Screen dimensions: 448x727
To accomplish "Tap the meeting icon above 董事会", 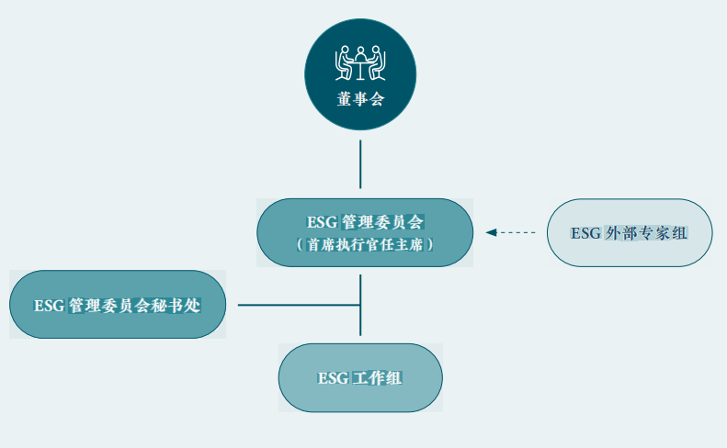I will pos(360,62).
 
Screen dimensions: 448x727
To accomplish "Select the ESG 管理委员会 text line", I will pos(365,222).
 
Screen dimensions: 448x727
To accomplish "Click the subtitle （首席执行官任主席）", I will pos(365,245).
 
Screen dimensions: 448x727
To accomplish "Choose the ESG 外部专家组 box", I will pos(630,232).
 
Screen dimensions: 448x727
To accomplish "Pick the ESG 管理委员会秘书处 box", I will pos(117,305).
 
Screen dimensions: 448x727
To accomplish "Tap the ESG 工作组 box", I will pos(360,377).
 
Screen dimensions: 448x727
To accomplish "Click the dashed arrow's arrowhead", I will pos(491,232).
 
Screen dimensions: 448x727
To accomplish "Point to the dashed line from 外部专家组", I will pos(517,232).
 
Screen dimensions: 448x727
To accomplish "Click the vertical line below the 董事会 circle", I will pos(360,164).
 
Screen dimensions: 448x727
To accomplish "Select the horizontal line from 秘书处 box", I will pos(294,305).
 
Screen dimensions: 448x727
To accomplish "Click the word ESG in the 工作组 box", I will pos(333,378).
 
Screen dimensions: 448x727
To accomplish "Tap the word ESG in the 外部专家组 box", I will pos(585,233).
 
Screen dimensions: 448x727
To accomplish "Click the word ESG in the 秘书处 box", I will pos(49,306).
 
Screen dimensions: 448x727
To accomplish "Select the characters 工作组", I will pos(378,378).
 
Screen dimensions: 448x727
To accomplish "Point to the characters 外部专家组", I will pos(646,233).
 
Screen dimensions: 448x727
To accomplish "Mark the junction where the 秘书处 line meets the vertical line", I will pos(360,305).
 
